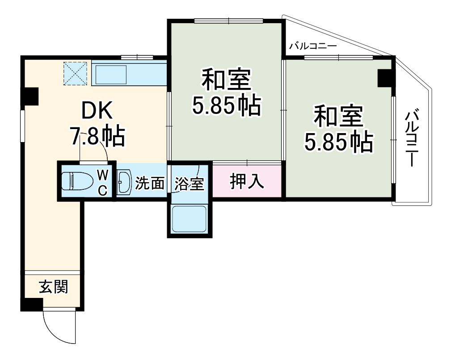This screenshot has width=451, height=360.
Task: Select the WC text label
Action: (102, 182)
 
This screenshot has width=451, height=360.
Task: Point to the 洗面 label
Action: (150, 183)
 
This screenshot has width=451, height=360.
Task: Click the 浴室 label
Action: (189, 184)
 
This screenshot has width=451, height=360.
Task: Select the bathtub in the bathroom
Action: (190, 219)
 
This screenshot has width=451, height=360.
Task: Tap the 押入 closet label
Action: (246, 181)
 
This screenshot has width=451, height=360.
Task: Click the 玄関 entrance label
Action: (53, 287)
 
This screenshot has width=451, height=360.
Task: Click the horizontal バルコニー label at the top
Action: (312, 46)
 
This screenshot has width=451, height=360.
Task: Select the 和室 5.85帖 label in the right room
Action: (338, 129)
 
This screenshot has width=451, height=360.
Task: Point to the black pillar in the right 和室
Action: (385, 78)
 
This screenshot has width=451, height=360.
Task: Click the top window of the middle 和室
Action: (228, 21)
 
